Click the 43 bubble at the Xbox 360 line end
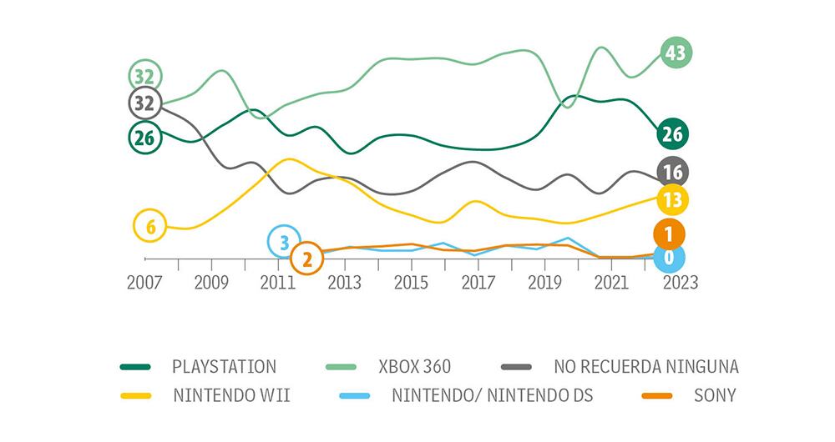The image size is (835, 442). (x=676, y=53)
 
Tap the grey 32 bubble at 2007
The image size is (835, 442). (x=144, y=103)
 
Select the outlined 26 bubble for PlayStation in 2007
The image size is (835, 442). (x=144, y=138)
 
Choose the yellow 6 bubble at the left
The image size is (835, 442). (x=150, y=225)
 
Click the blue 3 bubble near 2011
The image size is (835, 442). (x=284, y=242)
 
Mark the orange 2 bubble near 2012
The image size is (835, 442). (x=306, y=259)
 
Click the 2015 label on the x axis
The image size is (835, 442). (x=411, y=282)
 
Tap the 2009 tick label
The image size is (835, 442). (x=210, y=282)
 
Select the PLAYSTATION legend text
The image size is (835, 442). (x=223, y=366)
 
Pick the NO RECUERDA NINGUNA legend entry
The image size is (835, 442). (x=645, y=366)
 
